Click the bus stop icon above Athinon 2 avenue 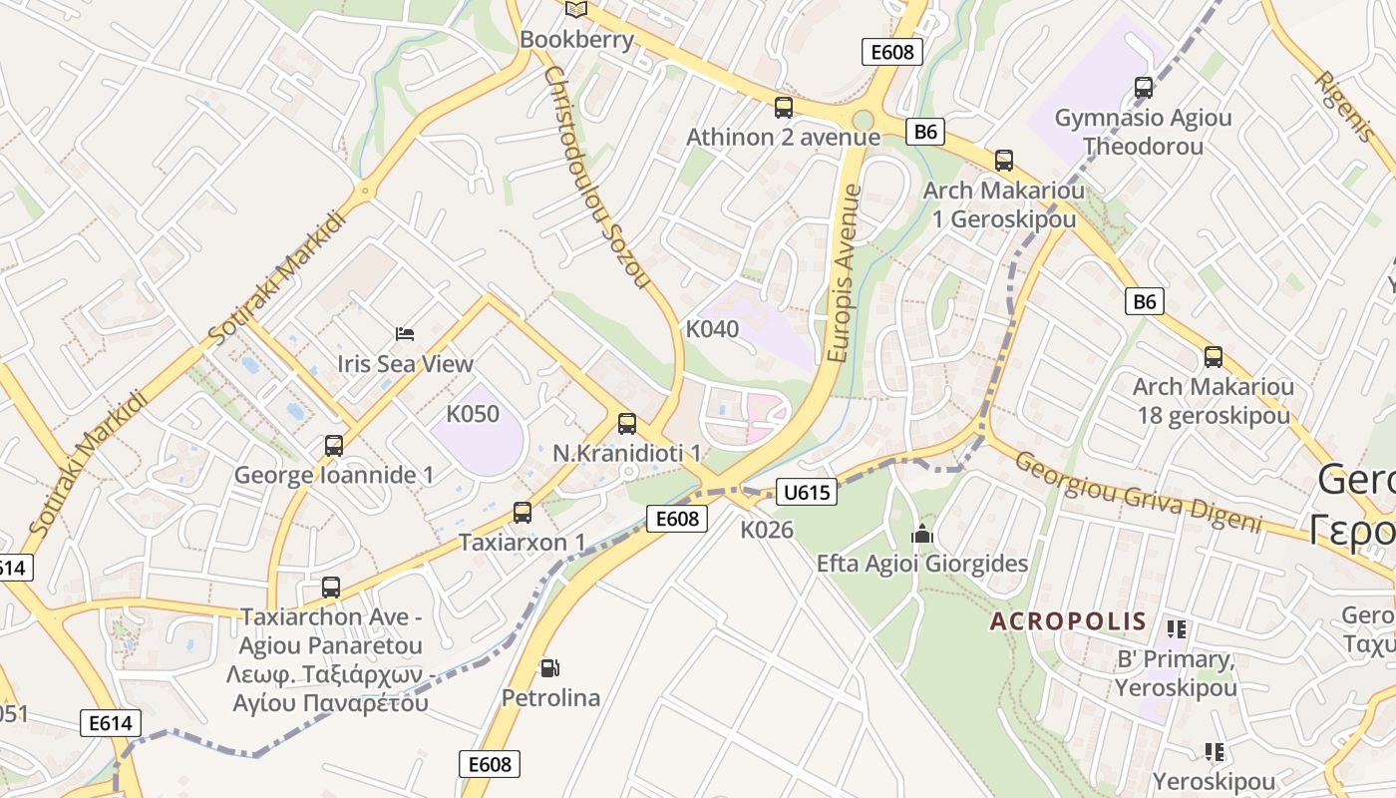(x=784, y=107)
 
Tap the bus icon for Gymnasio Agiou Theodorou (x=1144, y=88)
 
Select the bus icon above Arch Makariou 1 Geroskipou (x=1004, y=160)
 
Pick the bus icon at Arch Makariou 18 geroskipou (x=1214, y=356)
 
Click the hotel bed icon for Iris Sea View (x=405, y=333)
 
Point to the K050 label (x=473, y=413)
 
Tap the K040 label (x=712, y=328)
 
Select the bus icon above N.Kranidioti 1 (x=627, y=423)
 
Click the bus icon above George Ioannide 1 (x=334, y=445)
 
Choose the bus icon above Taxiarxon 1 (x=523, y=513)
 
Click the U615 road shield (x=805, y=491)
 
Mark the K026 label (x=767, y=530)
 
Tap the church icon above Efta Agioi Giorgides (x=922, y=535)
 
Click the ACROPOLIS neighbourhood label (x=1068, y=621)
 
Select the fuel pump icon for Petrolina (x=549, y=667)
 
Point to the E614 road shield (x=111, y=723)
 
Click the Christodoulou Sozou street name (x=596, y=178)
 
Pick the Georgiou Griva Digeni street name (x=1138, y=493)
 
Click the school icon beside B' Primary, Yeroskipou (x=1177, y=628)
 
